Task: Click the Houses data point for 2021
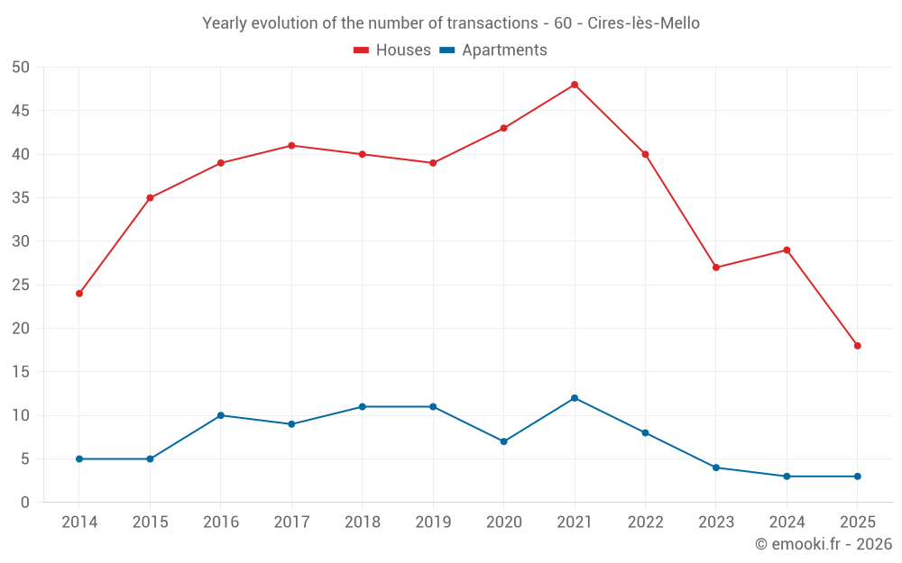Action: click(x=575, y=85)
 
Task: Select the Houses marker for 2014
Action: click(x=79, y=294)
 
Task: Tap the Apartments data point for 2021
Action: click(x=575, y=398)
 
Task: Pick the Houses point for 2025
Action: click(x=858, y=346)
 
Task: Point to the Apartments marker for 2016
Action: click(x=221, y=415)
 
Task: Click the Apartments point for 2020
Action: click(x=503, y=441)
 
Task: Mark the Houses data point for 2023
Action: click(x=716, y=268)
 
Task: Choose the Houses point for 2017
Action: click(x=291, y=146)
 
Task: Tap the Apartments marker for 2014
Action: click(x=79, y=459)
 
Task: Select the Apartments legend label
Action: click(x=504, y=50)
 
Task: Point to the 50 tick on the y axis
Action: click(x=22, y=68)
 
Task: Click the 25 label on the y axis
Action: click(x=22, y=286)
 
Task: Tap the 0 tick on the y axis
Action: click(x=26, y=503)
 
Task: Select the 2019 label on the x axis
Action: click(x=433, y=522)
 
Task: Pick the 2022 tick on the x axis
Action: click(x=645, y=522)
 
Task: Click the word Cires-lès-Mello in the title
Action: click(x=643, y=23)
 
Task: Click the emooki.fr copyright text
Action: click(x=824, y=544)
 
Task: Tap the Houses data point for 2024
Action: click(x=787, y=250)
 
